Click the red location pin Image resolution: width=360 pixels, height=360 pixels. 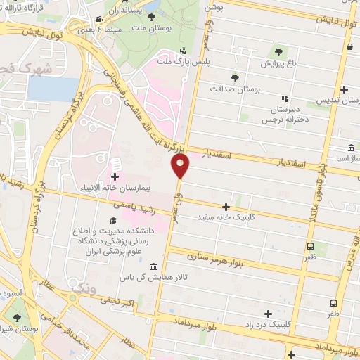(181, 166)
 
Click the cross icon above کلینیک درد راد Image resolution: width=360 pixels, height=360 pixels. (268, 314)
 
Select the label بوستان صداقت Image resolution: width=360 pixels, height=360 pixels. (236, 89)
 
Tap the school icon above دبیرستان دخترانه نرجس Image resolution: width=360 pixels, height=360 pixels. (285, 99)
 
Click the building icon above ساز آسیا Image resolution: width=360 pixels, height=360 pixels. (350, 148)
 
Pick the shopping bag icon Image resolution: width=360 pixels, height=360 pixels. (349, 46)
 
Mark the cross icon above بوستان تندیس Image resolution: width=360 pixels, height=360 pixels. (344, 89)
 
